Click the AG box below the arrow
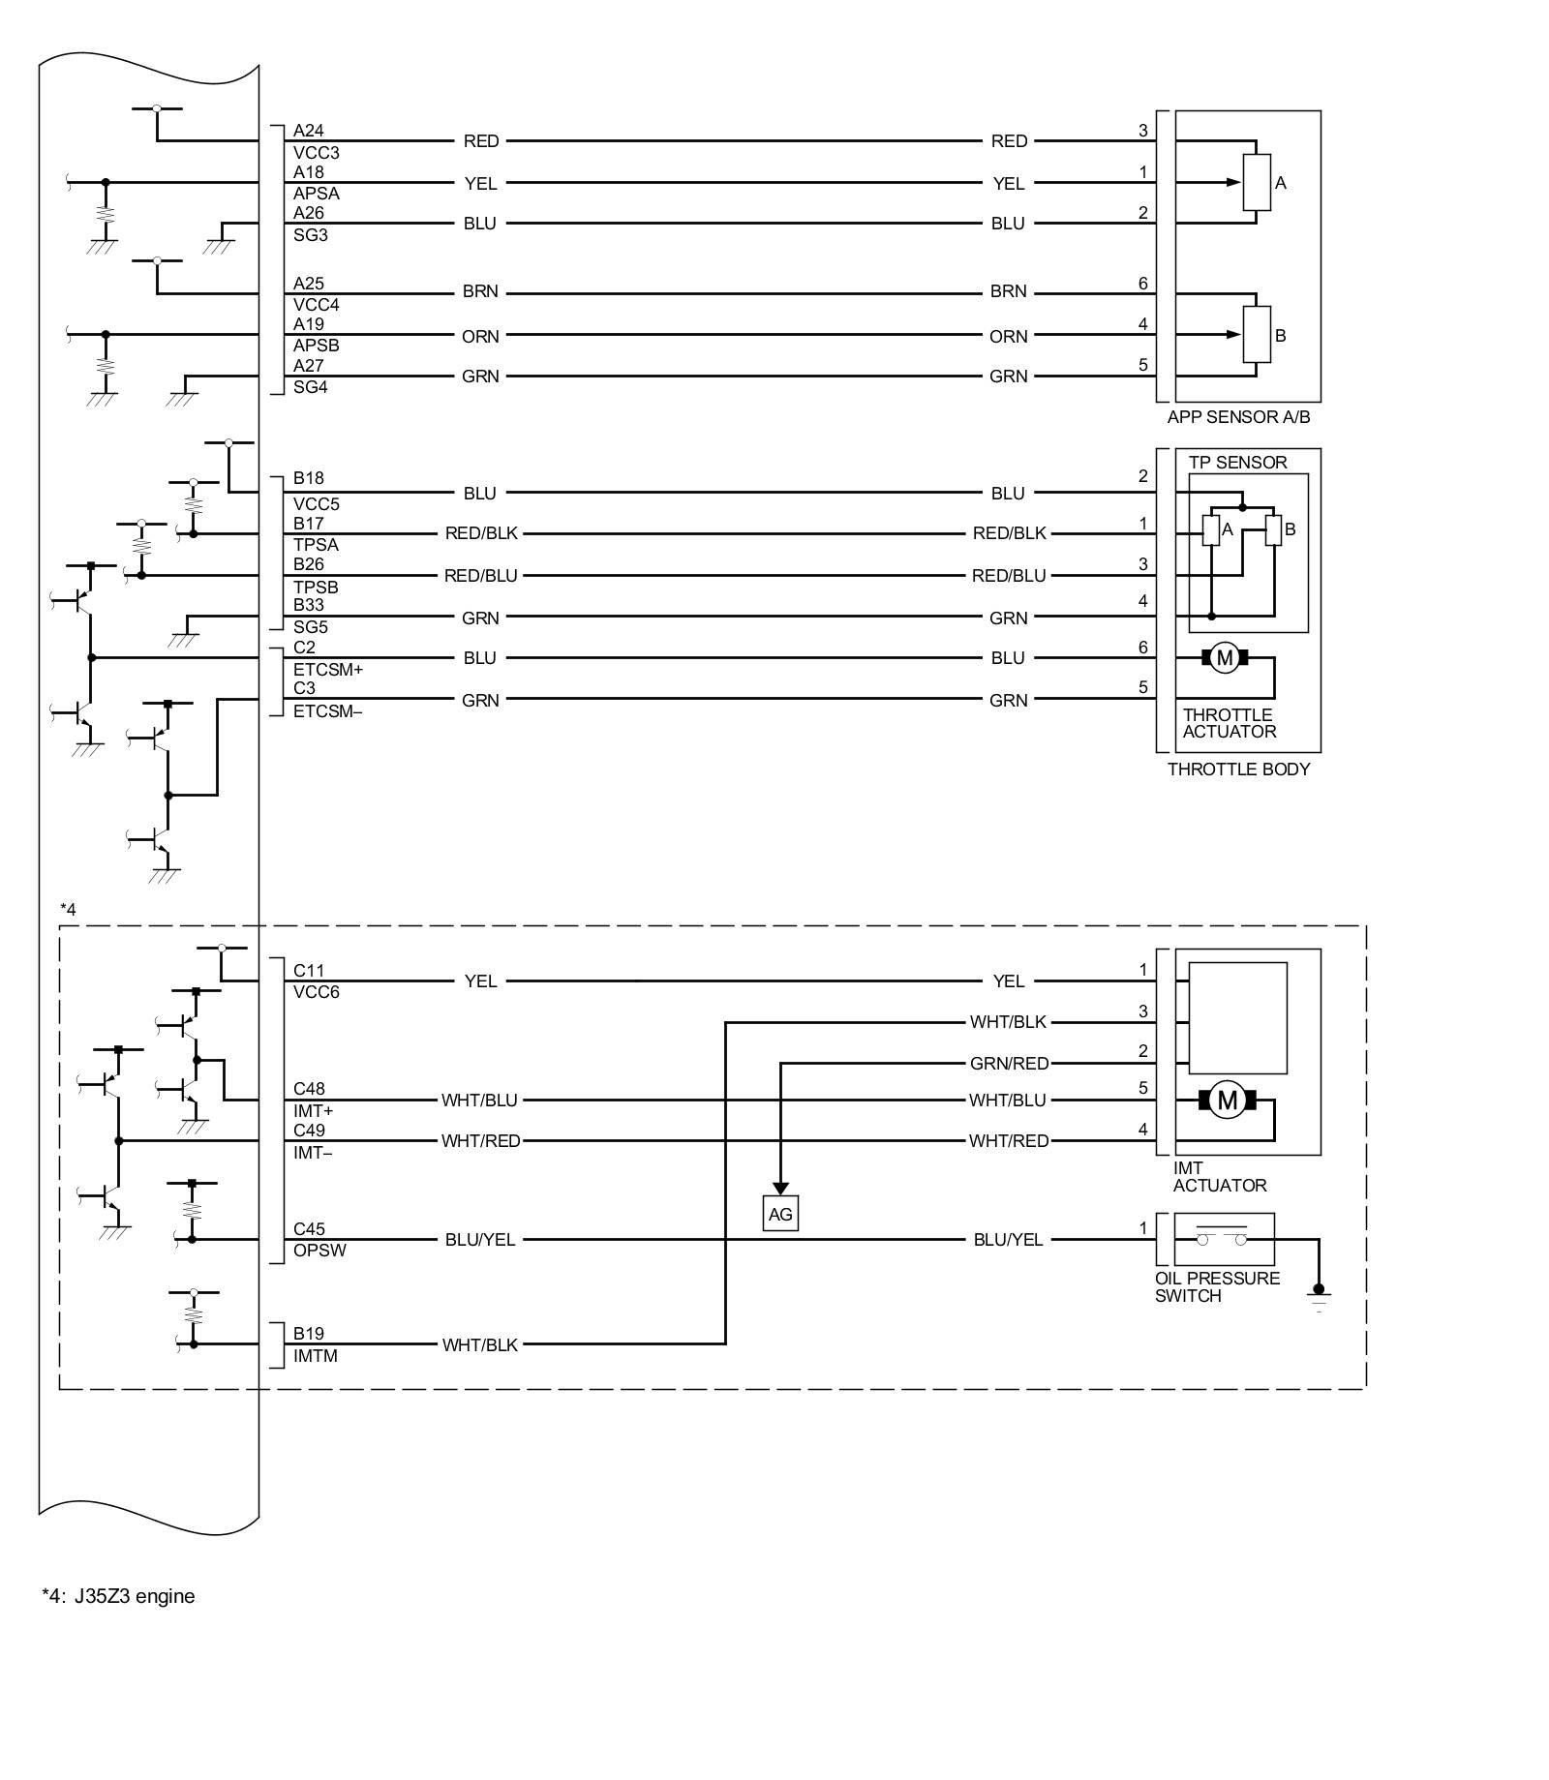780,1214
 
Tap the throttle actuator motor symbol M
1225,658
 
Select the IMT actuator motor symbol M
1227,1101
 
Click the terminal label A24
309,131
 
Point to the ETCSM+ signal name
328,669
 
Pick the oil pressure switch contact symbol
1224,1239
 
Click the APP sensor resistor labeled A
1257,182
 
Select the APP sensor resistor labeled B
1257,335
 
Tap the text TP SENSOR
1237,463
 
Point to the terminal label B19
309,1334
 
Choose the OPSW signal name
319,1251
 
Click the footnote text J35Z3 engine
135,1596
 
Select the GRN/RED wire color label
1009,1064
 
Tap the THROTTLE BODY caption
1238,769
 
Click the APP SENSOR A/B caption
1238,417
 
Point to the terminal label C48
309,1090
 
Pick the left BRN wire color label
480,291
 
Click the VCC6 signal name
317,992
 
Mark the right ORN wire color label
1008,337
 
